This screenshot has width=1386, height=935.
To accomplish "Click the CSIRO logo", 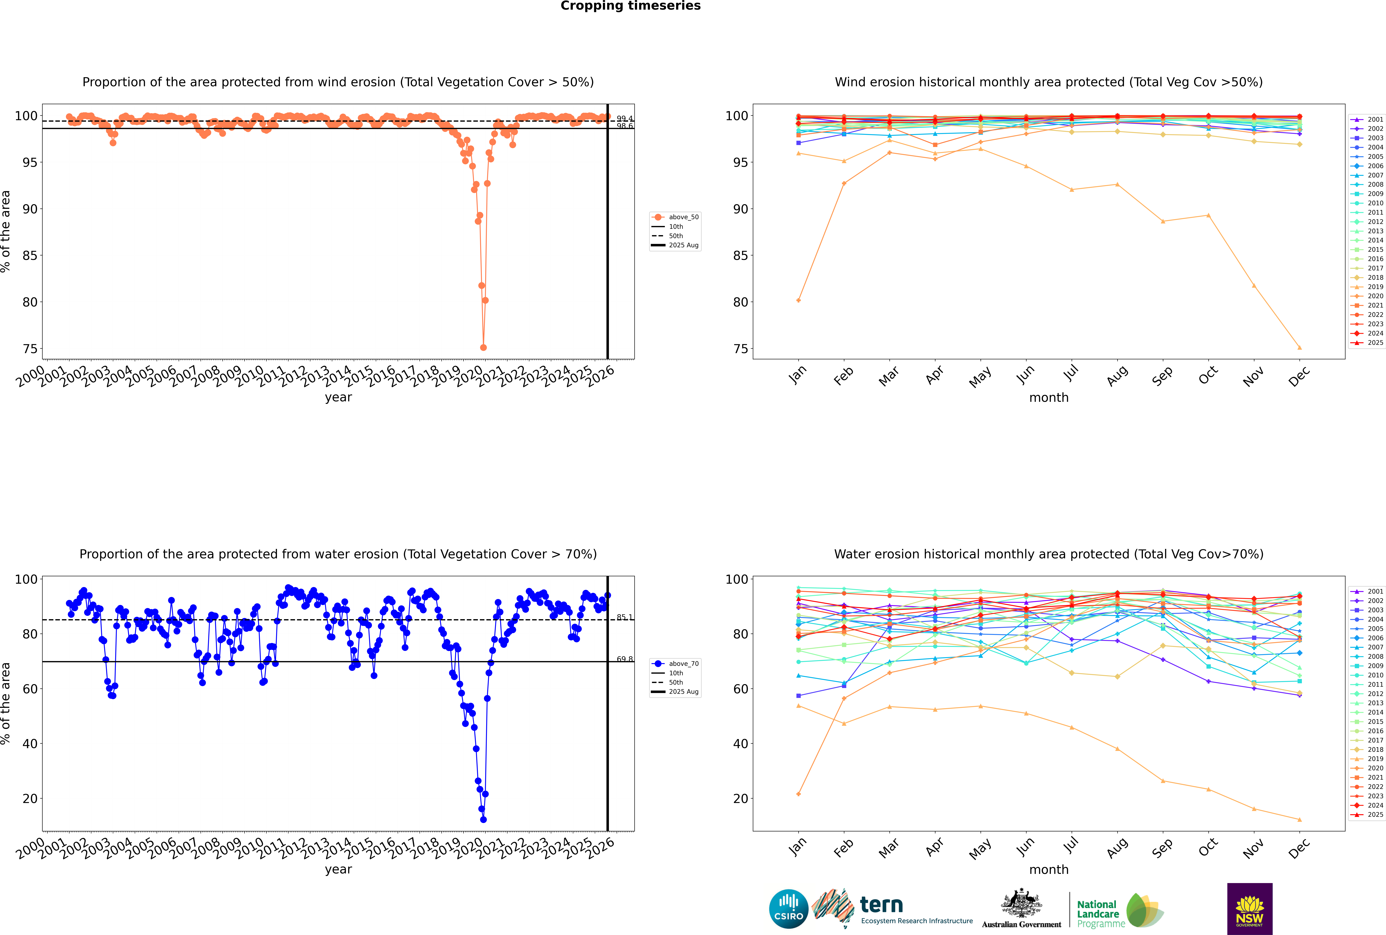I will (788, 909).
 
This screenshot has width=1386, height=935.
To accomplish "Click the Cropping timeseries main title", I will (630, 6).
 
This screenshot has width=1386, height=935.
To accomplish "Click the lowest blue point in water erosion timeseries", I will (483, 819).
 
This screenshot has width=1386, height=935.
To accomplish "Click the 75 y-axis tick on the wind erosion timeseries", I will (30, 349).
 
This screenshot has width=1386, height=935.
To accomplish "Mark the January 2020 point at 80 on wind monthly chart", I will (799, 300).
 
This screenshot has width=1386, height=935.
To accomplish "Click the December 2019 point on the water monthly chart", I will (1300, 819).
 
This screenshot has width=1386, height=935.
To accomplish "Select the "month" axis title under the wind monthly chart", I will (1049, 398).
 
